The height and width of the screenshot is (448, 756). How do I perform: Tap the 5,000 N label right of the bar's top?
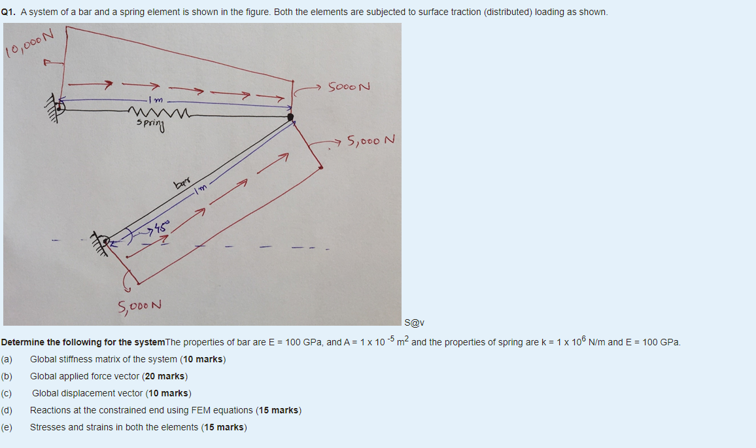pyautogui.click(x=371, y=140)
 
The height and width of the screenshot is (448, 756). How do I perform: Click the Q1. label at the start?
pyautogui.click(x=9, y=12)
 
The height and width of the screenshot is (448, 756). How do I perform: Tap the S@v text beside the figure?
pyautogui.click(x=415, y=322)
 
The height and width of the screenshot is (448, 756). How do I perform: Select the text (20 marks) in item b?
pyautogui.click(x=165, y=376)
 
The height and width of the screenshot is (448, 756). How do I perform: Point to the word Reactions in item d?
pyautogui.click(x=50, y=410)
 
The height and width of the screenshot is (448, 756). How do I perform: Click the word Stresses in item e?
pyautogui.click(x=48, y=427)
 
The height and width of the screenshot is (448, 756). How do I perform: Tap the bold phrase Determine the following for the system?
pyautogui.click(x=83, y=342)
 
